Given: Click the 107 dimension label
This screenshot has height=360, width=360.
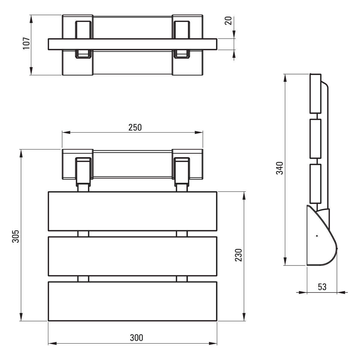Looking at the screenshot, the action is [x=26, y=43].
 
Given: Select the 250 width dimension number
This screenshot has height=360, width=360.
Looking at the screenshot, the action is [x=135, y=127].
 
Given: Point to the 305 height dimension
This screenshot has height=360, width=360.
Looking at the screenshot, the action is [x=16, y=236].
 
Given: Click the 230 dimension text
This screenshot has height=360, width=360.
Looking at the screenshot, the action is [x=238, y=255].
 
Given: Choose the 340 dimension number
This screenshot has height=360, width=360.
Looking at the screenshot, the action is [x=280, y=168].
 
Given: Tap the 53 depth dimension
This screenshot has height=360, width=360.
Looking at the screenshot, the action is [x=322, y=287].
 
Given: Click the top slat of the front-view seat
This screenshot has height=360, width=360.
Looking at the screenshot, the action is [x=133, y=211].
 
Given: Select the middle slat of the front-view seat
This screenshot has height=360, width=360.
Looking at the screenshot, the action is [x=133, y=256].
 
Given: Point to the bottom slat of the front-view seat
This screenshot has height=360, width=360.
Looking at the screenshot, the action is [x=133, y=301].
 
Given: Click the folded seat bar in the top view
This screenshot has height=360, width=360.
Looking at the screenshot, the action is [x=133, y=44].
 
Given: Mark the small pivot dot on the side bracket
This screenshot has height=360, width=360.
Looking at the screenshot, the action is [x=317, y=236].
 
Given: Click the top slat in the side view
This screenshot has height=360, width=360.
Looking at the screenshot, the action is [x=316, y=94].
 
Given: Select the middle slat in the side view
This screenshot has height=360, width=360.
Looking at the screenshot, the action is [x=316, y=139].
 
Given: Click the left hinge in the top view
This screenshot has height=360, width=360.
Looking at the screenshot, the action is [x=83, y=40].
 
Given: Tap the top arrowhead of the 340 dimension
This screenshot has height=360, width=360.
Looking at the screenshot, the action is [x=285, y=78].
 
